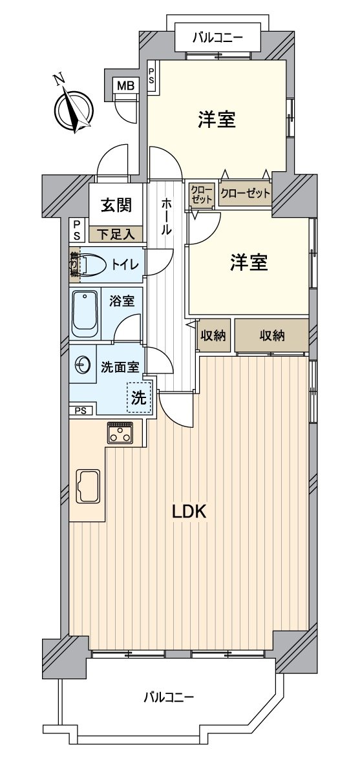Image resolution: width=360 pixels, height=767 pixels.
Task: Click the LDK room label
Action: [x=188, y=512]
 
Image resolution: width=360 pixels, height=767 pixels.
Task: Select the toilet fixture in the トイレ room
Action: [x=94, y=264]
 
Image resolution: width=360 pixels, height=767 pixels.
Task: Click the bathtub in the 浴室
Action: [x=85, y=314]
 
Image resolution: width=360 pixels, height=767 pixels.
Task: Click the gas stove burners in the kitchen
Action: [x=121, y=433]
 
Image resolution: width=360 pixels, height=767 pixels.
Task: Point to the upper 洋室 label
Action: [x=217, y=119]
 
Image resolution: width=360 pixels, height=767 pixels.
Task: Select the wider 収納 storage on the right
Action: [x=272, y=335]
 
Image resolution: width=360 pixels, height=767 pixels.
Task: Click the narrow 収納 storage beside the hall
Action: [x=212, y=335]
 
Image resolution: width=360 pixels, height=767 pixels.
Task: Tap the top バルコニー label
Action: [x=217, y=38]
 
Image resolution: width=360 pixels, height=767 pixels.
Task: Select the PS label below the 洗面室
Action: [x=81, y=410]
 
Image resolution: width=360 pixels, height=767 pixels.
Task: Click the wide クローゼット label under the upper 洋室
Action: [x=245, y=193]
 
